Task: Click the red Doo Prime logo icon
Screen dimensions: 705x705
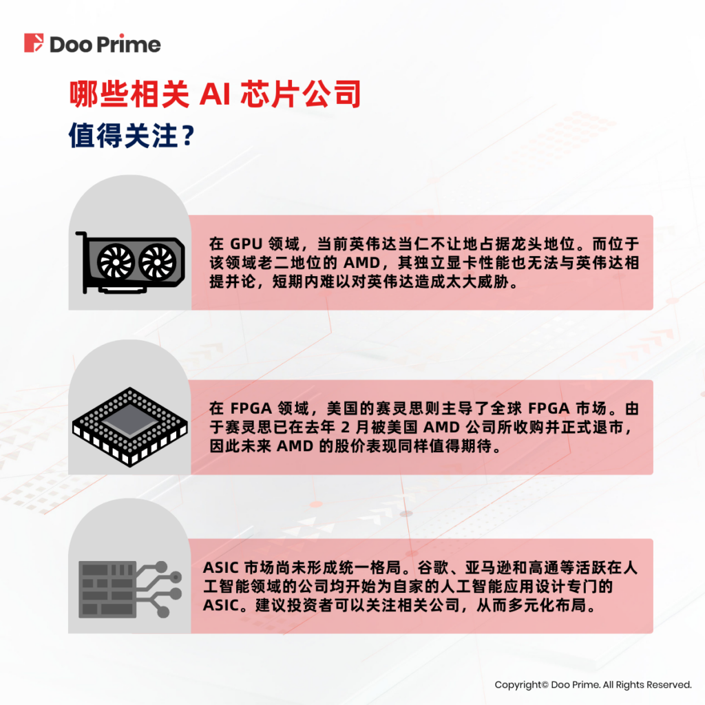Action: tap(34, 43)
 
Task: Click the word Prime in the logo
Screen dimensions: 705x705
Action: tap(129, 44)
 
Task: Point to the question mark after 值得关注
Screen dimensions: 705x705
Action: tap(189, 136)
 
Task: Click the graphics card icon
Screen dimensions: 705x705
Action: tap(130, 262)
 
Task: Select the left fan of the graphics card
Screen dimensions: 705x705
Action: tap(116, 261)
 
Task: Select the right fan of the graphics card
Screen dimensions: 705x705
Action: tap(158, 261)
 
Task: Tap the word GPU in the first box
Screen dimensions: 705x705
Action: tap(246, 244)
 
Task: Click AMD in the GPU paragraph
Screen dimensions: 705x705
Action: tap(362, 263)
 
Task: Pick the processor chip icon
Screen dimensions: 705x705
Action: tap(130, 427)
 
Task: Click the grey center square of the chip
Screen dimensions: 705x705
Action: tap(130, 421)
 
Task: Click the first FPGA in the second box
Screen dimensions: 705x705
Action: tap(251, 408)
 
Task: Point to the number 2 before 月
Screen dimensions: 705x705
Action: tap(346, 427)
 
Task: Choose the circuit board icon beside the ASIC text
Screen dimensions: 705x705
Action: tap(130, 589)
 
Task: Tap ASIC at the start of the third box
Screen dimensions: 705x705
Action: tap(221, 568)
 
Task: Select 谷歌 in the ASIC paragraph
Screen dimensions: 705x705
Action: tap(433, 568)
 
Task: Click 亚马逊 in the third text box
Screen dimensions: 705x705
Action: tap(488, 568)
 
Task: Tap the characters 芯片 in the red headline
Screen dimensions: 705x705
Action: tap(270, 94)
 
